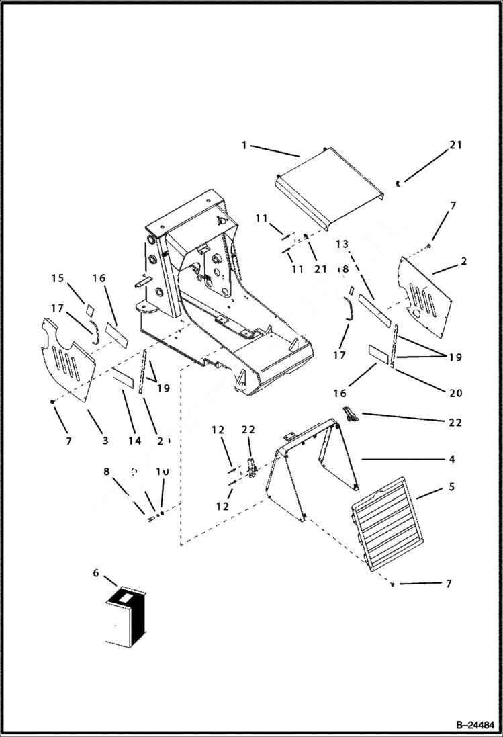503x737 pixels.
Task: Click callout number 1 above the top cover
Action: click(x=245, y=144)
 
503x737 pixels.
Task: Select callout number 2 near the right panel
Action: click(x=464, y=261)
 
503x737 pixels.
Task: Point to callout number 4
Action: click(x=452, y=460)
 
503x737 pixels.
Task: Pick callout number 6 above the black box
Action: click(x=96, y=572)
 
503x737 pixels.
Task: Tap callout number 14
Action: click(x=134, y=441)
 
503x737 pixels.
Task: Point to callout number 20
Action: click(x=455, y=394)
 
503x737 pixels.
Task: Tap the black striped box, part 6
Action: click(x=127, y=618)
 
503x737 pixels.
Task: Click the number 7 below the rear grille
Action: click(x=449, y=584)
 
